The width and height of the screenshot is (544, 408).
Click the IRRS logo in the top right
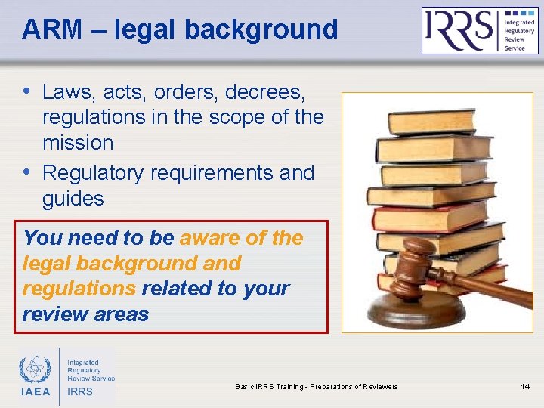click(x=480, y=30)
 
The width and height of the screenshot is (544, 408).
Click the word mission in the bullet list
click(x=78, y=142)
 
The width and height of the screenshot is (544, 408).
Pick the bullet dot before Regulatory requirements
click(x=27, y=172)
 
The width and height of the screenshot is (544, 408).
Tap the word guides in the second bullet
click(x=73, y=198)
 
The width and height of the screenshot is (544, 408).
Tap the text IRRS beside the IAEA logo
click(x=80, y=391)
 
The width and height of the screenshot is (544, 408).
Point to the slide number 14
click(x=525, y=387)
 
